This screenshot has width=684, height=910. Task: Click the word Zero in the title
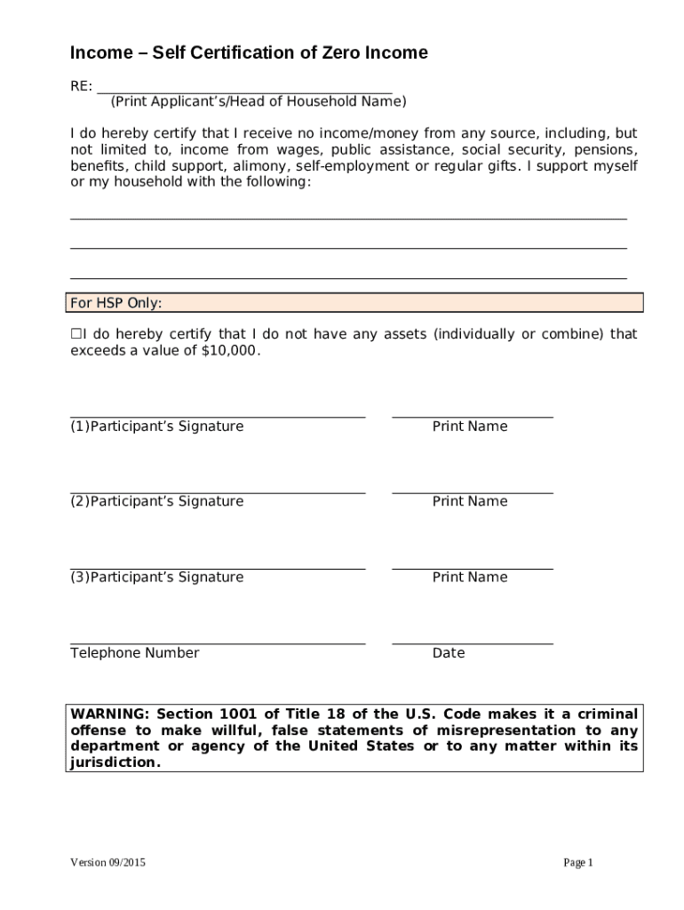(340, 53)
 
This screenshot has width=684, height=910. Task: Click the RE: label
(81, 86)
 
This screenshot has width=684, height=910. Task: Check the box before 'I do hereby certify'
(76, 334)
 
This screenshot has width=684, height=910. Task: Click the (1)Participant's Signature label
(156, 427)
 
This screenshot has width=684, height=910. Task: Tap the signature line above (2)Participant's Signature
(218, 491)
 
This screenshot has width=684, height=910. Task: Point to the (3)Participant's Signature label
(156, 578)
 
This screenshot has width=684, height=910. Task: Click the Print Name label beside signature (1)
(470, 427)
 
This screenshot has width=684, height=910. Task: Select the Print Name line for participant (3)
(472, 567)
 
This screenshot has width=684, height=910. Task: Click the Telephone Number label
(135, 653)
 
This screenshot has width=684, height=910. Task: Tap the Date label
(449, 653)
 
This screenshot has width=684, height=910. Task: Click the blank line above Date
(472, 643)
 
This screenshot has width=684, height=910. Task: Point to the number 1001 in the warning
(233, 714)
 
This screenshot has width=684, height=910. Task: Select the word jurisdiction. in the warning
(115, 762)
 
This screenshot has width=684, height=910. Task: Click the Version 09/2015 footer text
(107, 863)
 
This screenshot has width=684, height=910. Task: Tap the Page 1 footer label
(578, 863)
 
